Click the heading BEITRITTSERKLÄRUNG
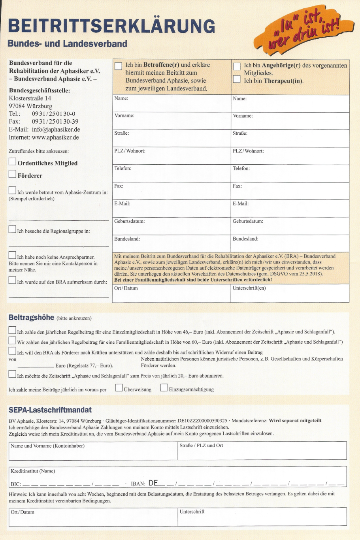[x=112, y=26]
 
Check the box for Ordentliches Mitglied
[x=13, y=162]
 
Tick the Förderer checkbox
[x=13, y=174]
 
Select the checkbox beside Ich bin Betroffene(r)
[x=118, y=66]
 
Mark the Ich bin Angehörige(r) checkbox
[x=237, y=66]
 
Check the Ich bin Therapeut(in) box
[x=237, y=79]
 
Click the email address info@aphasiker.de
[x=56, y=130]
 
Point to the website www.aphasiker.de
[x=55, y=137]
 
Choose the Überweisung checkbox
[x=119, y=388]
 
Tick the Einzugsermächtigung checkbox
[x=164, y=388]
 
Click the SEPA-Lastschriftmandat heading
[x=50, y=410]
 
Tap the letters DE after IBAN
[x=153, y=483]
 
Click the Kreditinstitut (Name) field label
[x=33, y=471]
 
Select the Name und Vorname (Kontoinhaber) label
[x=47, y=446]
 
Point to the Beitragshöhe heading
[x=31, y=318]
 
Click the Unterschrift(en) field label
[x=249, y=288]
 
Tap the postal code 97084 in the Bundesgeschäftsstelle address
[x=17, y=106]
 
